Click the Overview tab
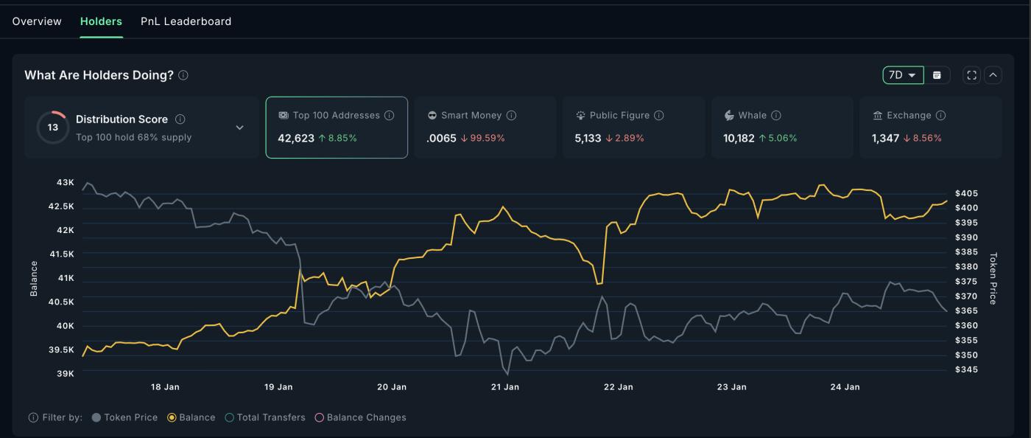(37, 21)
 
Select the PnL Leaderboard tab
(186, 21)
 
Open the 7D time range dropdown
(903, 75)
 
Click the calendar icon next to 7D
(937, 75)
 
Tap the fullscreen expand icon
(972, 75)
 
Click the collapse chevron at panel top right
(993, 75)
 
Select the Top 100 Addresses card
(337, 127)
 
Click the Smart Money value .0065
(441, 138)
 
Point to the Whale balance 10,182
(739, 138)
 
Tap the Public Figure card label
(619, 115)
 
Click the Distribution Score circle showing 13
(52, 128)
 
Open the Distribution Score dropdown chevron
(239, 128)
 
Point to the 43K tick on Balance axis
(66, 182)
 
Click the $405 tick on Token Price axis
(966, 193)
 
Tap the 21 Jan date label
(504, 387)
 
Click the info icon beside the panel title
(183, 75)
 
